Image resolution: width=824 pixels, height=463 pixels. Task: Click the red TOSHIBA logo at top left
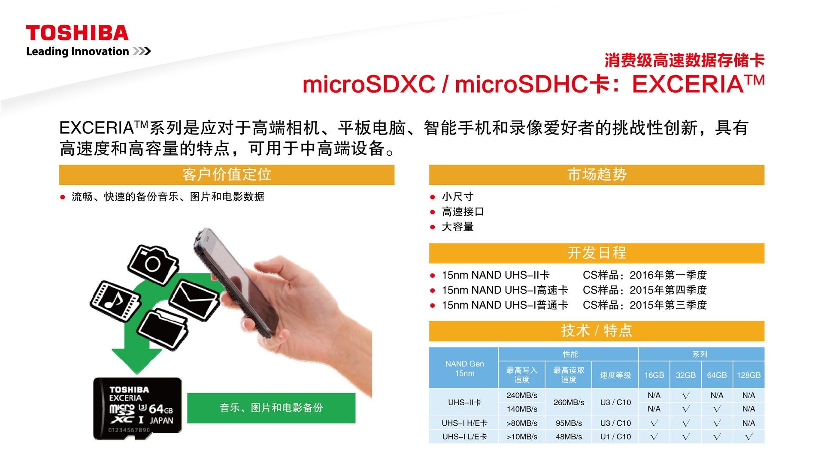click(77, 33)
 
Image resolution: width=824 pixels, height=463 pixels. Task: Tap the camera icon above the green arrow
click(153, 264)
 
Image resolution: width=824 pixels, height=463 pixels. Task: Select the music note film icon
click(115, 301)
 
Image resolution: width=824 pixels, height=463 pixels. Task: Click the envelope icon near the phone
click(194, 299)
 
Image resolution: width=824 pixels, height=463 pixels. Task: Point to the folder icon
click(163, 330)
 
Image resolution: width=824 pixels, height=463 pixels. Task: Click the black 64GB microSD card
click(137, 409)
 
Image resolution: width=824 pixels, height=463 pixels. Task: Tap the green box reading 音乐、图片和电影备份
click(271, 408)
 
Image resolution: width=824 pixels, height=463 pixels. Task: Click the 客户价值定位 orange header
click(227, 175)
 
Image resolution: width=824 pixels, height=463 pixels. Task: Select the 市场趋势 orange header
click(597, 175)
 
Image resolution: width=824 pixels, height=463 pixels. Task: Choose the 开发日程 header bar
click(597, 253)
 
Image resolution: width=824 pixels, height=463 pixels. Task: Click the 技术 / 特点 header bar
click(597, 331)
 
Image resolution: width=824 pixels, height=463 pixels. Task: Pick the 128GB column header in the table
click(748, 375)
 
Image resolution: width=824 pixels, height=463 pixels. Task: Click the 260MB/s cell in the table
click(569, 402)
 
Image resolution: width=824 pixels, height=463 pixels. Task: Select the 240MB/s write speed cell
click(522, 395)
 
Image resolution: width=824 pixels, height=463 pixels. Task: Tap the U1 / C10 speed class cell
click(615, 436)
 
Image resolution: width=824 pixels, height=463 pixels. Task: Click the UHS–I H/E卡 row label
click(464, 423)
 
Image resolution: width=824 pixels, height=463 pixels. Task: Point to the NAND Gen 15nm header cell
click(464, 368)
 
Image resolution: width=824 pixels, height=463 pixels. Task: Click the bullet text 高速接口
click(463, 212)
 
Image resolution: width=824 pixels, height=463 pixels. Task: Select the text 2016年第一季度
click(668, 275)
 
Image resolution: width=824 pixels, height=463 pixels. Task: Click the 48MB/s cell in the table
click(569, 436)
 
